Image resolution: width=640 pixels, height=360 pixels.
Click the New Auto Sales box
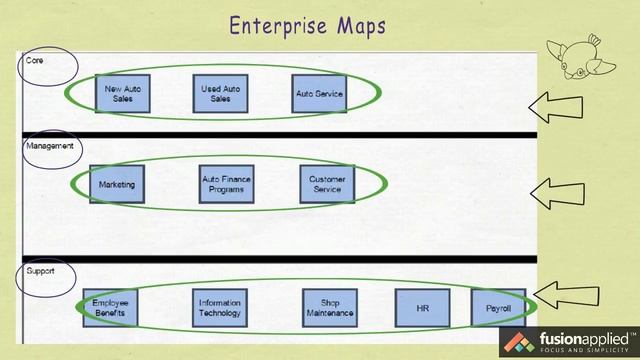pos(124,94)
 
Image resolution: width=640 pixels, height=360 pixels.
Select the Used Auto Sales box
pos(221,94)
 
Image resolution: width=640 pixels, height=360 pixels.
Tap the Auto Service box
pos(320,94)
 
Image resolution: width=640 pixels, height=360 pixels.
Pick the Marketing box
pos(117,185)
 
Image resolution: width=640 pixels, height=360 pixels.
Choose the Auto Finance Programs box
pos(227,185)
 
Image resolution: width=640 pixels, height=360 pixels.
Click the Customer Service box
pos(327,185)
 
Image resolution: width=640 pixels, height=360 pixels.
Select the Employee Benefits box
pos(110,308)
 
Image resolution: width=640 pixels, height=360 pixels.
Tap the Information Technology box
pos(219,308)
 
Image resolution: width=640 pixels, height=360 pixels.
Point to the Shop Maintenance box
pos(330,308)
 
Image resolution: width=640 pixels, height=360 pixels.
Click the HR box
pos(422,308)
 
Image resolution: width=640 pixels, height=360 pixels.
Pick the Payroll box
pos(498,308)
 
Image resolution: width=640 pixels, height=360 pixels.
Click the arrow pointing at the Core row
pos(564,104)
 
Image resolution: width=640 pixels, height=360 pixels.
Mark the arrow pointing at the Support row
pos(566,295)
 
